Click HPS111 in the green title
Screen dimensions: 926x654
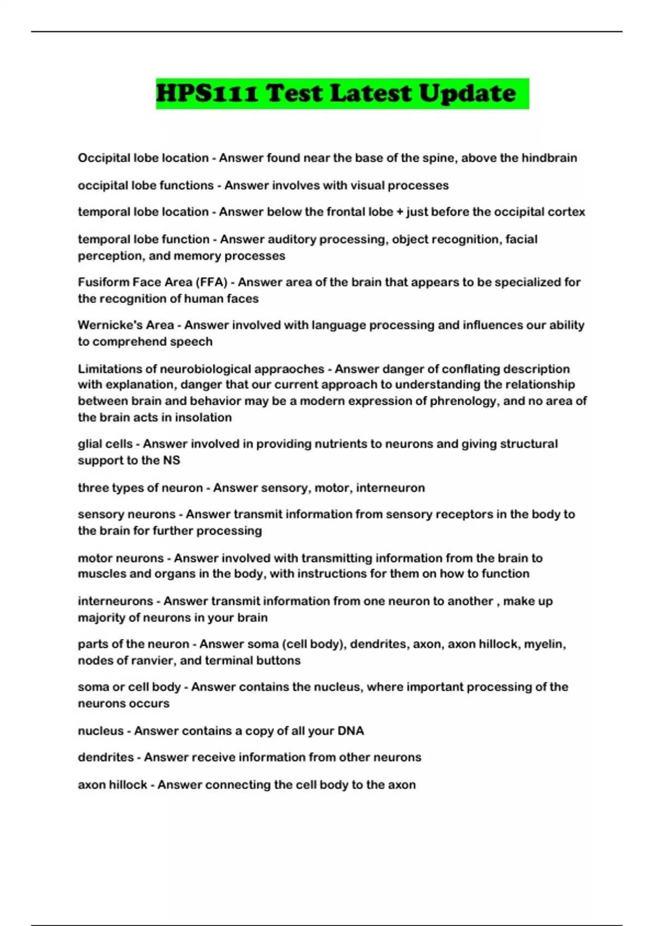point(207,93)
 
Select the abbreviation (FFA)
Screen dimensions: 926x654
point(214,282)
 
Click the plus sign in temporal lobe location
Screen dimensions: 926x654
point(400,212)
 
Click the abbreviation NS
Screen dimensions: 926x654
point(171,460)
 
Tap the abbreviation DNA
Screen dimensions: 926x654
point(350,730)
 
